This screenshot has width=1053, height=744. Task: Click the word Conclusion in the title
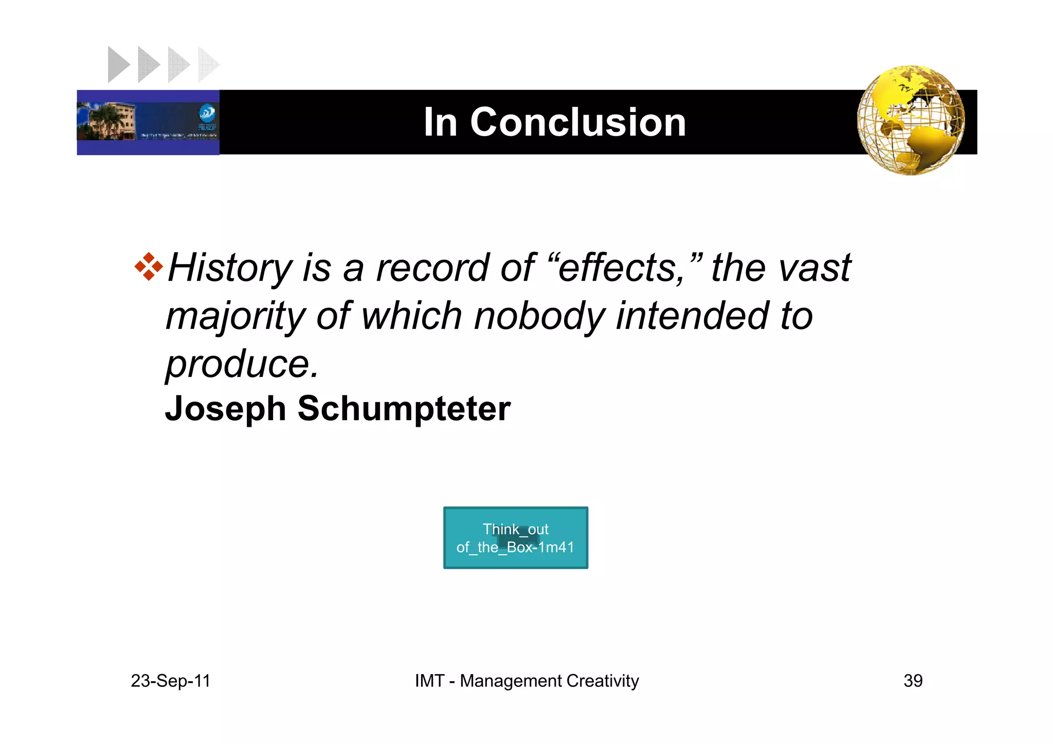pos(578,122)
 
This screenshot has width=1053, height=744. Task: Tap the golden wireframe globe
pos(911,120)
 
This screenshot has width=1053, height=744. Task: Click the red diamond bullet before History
pos(149,266)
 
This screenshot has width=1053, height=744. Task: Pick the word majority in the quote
pos(235,316)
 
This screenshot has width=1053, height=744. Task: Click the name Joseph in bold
pos(225,409)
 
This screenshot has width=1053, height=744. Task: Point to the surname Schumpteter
pos(404,409)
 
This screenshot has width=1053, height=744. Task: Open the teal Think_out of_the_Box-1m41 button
pos(515,538)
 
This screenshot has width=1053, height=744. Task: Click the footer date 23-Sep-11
pos(171,681)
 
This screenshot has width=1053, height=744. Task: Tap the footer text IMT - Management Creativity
pos(526,681)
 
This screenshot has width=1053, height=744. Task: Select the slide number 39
pos(913,681)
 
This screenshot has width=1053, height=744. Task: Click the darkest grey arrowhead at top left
pos(117,64)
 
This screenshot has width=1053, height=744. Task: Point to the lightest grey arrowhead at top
pos(208,64)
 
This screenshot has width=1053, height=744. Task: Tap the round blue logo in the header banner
pos(207,113)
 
